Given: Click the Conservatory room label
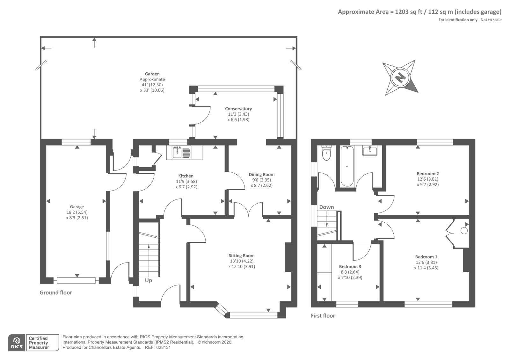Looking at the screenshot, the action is [238, 109].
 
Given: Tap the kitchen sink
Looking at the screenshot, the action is [182, 152].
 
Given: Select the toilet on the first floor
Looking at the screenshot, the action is [326, 153].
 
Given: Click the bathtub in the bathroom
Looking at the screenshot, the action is [347, 166].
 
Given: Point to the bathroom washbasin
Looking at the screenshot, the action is [370, 150].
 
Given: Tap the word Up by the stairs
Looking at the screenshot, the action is [149, 281].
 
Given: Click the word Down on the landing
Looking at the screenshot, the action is [326, 207].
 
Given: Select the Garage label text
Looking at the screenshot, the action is [77, 207].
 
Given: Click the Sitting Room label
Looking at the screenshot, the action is [242, 256].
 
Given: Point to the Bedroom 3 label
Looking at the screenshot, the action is [350, 266].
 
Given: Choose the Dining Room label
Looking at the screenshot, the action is [262, 175].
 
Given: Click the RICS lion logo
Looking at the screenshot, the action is [17, 343].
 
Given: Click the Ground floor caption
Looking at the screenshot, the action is [56, 293].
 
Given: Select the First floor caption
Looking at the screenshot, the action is [323, 316].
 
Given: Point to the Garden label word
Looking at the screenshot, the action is [152, 74].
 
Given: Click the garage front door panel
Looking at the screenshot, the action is [76, 281].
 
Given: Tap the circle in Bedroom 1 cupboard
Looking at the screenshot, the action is [464, 231].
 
